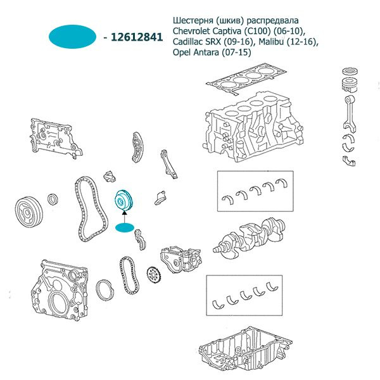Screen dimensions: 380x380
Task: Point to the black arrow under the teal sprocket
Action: [x=123, y=217]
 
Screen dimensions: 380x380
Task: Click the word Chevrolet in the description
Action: [x=194, y=31]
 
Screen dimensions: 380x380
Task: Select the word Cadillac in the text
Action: [x=191, y=42]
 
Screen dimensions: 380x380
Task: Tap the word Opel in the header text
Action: [x=182, y=53]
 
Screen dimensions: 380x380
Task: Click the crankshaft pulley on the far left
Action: [x=28, y=208]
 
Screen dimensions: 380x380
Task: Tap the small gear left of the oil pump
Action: [x=153, y=275]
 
